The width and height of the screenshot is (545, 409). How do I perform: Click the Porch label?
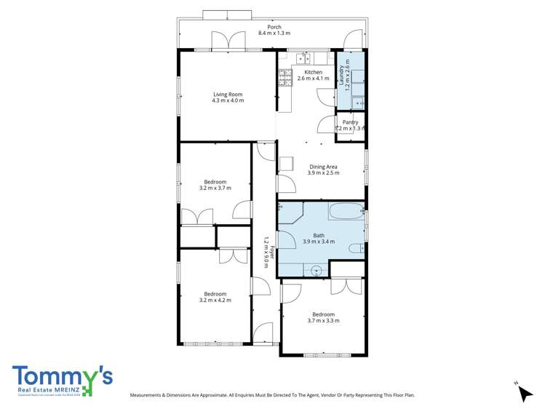[274, 27]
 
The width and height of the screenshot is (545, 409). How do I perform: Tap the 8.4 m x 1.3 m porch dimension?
[274, 33]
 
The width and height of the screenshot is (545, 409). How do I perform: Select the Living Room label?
[228, 94]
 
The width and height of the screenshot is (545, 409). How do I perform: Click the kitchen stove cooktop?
[281, 76]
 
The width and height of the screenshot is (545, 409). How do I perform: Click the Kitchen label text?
[314, 72]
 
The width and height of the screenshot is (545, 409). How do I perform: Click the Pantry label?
[350, 122]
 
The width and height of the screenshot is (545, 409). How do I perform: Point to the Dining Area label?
[323, 167]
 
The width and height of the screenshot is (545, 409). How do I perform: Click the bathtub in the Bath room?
[346, 213]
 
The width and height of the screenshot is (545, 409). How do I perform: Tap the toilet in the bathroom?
[356, 248]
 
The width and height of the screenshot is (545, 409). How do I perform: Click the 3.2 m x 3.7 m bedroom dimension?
[215, 188]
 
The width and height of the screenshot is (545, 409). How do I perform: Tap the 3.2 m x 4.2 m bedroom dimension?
[215, 300]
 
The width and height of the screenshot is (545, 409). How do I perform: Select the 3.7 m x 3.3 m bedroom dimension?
[323, 320]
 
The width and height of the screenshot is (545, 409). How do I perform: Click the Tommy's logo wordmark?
[62, 376]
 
